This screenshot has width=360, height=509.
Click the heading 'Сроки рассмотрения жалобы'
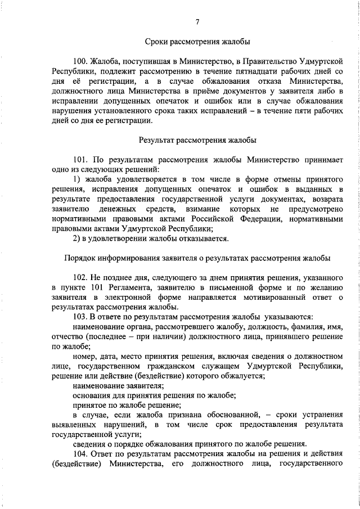(x=197, y=42)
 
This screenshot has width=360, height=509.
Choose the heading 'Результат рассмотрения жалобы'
(x=197, y=139)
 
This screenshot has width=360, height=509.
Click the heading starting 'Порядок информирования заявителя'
(x=197, y=258)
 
